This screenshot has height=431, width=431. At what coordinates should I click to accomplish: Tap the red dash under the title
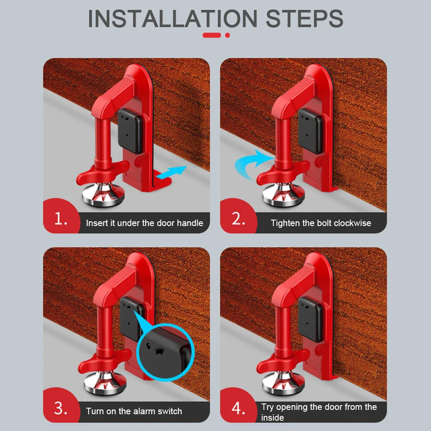tap(212, 35)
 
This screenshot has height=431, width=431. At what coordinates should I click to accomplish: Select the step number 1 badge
tap(61, 219)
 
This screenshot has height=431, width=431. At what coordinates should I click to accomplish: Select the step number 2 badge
tap(238, 219)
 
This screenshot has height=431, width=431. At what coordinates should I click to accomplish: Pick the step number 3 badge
tap(61, 408)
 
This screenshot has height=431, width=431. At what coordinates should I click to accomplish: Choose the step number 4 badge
tap(238, 408)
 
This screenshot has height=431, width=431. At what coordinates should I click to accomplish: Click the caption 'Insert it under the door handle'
tap(144, 223)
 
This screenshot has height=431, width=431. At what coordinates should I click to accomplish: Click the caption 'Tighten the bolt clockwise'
tap(321, 223)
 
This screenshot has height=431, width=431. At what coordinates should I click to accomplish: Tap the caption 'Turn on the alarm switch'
tap(134, 411)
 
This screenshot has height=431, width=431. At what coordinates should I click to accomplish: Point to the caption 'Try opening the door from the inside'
tap(319, 412)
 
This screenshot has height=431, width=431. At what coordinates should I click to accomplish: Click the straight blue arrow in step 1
tap(171, 172)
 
